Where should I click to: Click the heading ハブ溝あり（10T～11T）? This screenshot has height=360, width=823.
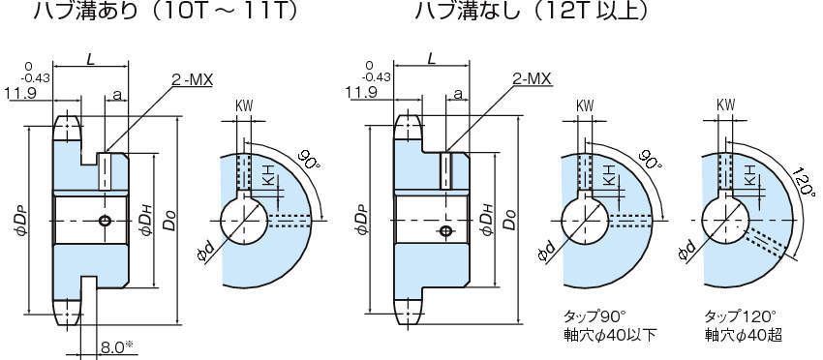[166, 11]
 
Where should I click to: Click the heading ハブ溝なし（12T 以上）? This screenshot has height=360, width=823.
[531, 11]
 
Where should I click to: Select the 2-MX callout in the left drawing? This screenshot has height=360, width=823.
[192, 79]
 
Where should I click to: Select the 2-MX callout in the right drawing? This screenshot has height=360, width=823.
[532, 78]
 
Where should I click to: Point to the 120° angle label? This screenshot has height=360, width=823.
[803, 182]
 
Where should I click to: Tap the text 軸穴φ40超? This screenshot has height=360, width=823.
[743, 335]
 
